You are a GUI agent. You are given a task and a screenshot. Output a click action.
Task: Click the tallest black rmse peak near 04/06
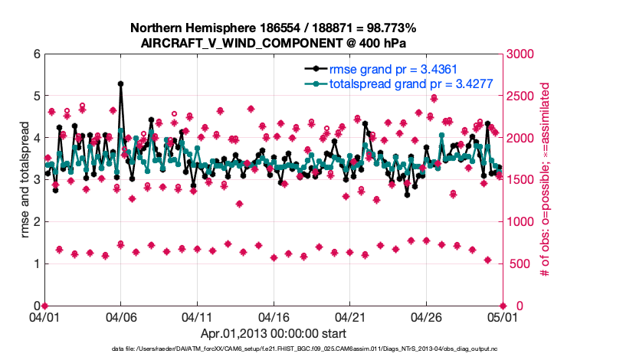point(120,84)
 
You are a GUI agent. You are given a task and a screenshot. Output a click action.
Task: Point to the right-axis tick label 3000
point(522,54)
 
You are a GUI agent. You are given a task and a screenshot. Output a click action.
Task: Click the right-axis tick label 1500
point(522,180)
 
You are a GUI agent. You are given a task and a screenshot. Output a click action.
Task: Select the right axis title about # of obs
point(547,180)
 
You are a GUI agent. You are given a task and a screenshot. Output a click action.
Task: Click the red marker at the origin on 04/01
point(44,306)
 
